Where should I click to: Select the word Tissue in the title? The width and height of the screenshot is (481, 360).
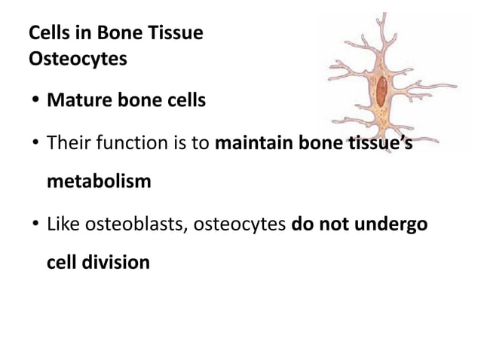click(x=177, y=34)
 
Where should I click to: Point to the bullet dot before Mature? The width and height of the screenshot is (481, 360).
click(x=35, y=100)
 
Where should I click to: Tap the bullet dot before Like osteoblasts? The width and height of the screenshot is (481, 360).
click(x=35, y=224)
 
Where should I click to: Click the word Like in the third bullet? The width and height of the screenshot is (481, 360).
click(x=62, y=224)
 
